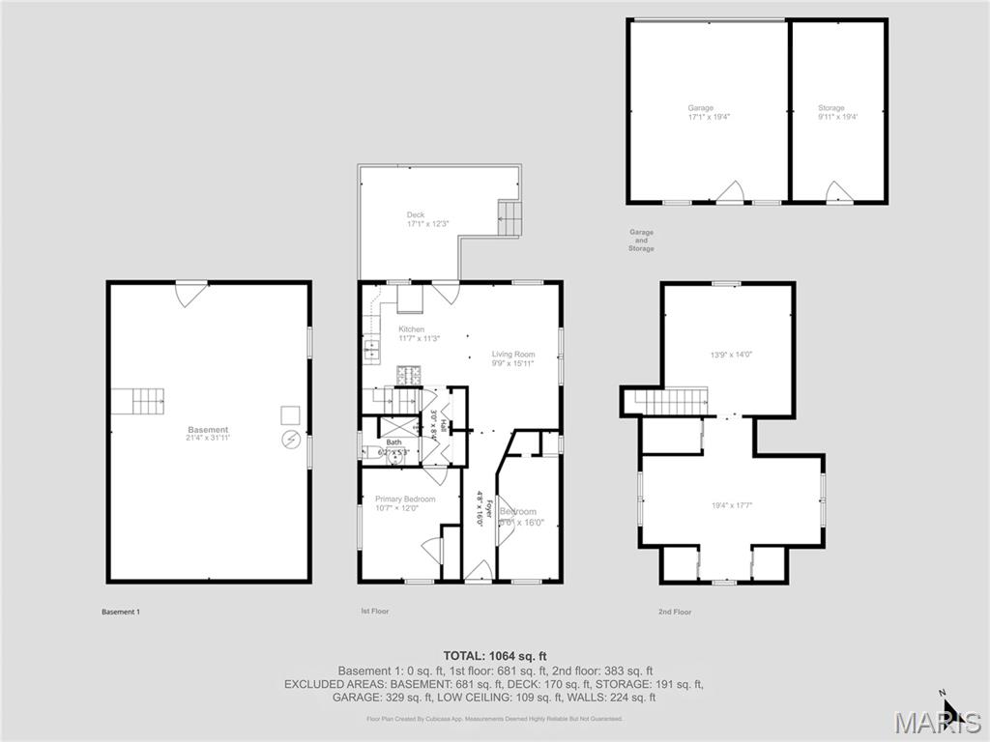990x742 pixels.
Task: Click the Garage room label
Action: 700,108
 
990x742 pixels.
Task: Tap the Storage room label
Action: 830,108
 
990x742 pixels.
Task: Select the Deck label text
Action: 416,214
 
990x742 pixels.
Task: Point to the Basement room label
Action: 208,430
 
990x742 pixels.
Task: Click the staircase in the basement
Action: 136,401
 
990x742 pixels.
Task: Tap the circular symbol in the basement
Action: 290,442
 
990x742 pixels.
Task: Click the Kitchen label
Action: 411,329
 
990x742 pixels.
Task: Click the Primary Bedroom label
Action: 405,499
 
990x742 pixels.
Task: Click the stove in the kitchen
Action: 407,375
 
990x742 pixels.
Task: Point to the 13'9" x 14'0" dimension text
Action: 725,355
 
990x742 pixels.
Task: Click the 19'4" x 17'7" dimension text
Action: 731,503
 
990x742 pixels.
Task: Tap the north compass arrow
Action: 948,711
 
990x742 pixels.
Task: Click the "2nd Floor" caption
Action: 675,612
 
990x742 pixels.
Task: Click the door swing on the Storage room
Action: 837,190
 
